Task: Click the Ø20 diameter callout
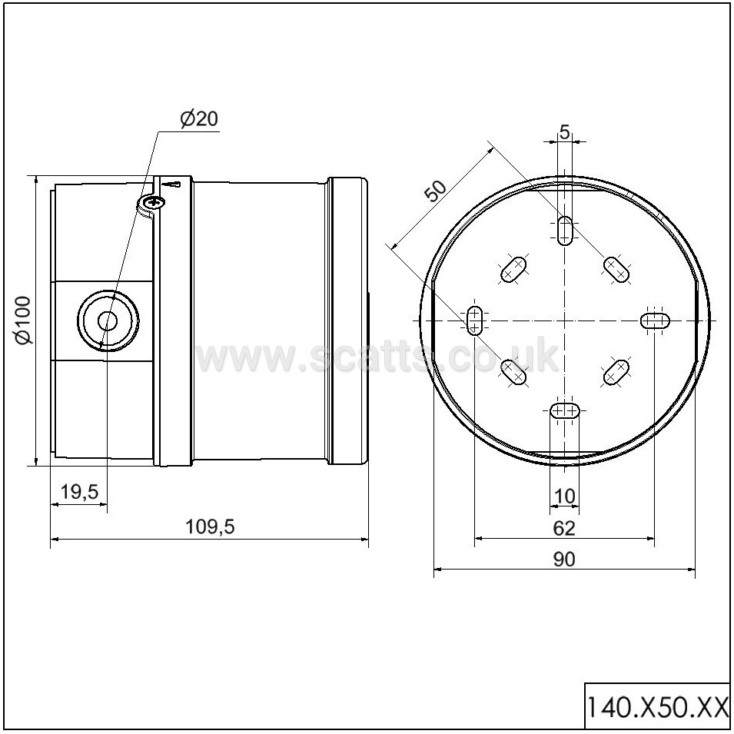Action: point(199,119)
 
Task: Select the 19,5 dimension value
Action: point(79,492)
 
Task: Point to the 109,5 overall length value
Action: point(210,527)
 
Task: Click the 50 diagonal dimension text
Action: point(436,190)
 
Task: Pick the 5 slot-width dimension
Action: point(565,132)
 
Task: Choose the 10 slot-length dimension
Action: point(565,497)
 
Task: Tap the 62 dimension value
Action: point(564,529)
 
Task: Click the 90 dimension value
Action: point(564,560)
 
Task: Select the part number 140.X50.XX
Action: point(657,707)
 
